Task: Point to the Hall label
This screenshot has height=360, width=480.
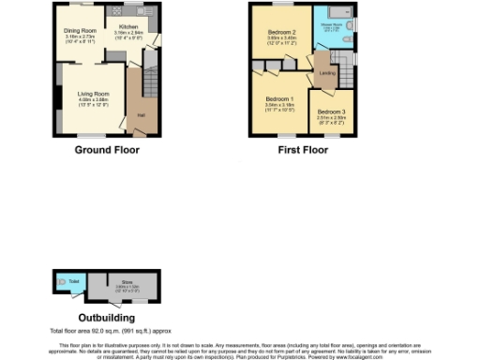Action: point(141,114)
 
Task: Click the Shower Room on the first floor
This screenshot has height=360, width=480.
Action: point(331,26)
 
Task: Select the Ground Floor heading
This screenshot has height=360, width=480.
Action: point(101,149)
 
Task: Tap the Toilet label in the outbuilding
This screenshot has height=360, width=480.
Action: point(74,279)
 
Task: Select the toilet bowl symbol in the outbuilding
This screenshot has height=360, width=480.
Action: point(62,280)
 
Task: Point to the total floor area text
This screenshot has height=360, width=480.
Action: point(98,331)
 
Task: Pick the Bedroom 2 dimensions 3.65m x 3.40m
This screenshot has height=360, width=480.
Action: point(283,39)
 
